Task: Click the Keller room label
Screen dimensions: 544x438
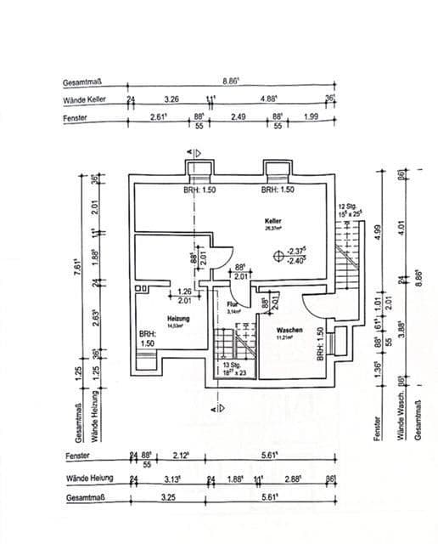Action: [x=273, y=220]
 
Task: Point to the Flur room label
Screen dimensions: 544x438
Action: [x=232, y=303]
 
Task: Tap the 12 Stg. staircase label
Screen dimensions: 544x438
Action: [x=346, y=207]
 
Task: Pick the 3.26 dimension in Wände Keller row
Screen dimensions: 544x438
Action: [x=171, y=99]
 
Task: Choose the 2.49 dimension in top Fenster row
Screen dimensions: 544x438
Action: [x=238, y=117]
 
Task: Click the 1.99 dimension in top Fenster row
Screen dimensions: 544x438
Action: [x=311, y=117]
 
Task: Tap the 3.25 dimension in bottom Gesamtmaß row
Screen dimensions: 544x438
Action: [x=168, y=496]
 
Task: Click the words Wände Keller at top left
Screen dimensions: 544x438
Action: [x=83, y=100]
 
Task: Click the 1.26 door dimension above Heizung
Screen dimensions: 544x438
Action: [x=184, y=292]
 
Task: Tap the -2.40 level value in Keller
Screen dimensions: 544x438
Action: [x=296, y=260]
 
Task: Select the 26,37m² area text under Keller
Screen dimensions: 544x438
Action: [x=273, y=228]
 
